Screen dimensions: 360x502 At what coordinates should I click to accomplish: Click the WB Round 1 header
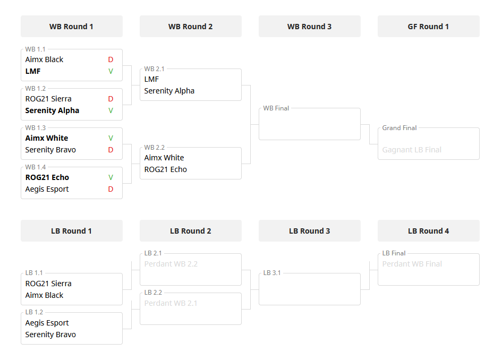point(71,27)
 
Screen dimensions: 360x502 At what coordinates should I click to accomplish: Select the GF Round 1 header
point(428,27)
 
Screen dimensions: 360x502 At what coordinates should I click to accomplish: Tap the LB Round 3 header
point(309,231)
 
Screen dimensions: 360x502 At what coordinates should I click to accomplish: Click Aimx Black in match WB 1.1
point(44,59)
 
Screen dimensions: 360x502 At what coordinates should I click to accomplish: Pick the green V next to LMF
point(110,71)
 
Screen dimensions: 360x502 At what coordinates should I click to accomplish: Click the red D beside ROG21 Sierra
point(110,99)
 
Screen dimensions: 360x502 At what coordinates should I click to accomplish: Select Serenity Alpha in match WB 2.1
point(169,91)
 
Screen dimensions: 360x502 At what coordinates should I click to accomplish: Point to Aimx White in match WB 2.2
point(164,158)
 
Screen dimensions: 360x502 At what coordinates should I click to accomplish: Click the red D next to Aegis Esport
point(110,189)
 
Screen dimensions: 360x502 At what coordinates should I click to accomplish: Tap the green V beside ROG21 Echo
point(110,177)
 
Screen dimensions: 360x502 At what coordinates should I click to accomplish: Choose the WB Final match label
point(276,108)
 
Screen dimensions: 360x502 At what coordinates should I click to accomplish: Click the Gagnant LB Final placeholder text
point(412,150)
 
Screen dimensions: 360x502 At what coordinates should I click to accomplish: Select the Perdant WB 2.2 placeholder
point(171,264)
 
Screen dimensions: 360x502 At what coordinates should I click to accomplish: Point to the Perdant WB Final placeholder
point(412,264)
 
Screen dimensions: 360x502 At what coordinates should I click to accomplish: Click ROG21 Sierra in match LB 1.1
point(48,284)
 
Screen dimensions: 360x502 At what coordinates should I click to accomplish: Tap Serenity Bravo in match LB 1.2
point(50,335)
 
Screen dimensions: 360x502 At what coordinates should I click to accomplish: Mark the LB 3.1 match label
point(272,273)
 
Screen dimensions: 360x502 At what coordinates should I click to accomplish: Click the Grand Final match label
point(399,128)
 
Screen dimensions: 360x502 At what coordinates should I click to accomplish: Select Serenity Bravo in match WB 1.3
point(50,150)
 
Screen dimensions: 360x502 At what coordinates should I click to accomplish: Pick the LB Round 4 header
point(428,231)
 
